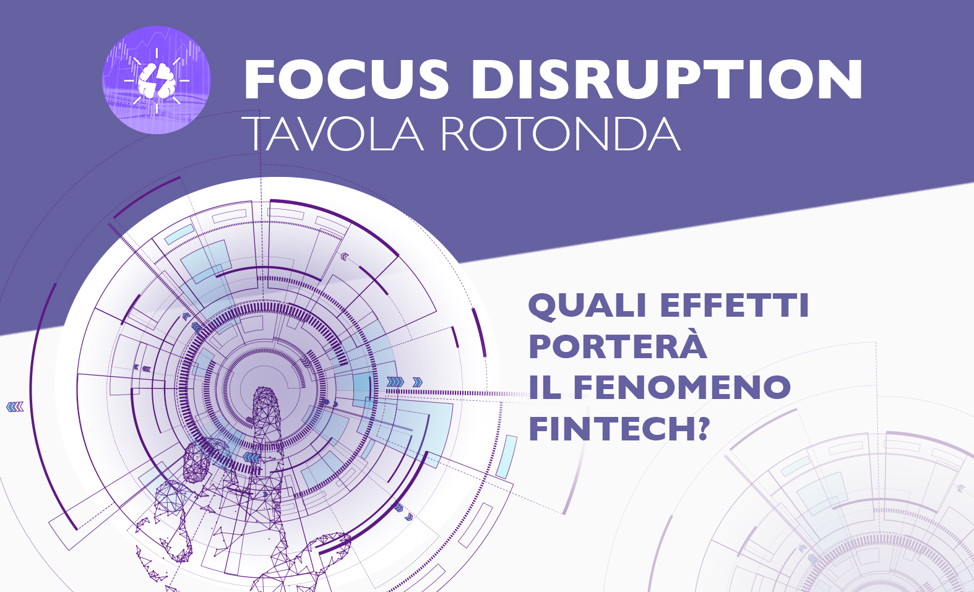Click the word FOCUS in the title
pos(347,80)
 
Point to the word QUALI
pos(587,306)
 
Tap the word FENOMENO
pos(683,387)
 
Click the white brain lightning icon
pos(157,80)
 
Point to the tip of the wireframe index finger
pos(265,389)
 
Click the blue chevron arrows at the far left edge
pos(15,407)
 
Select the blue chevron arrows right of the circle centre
pos(404,382)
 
